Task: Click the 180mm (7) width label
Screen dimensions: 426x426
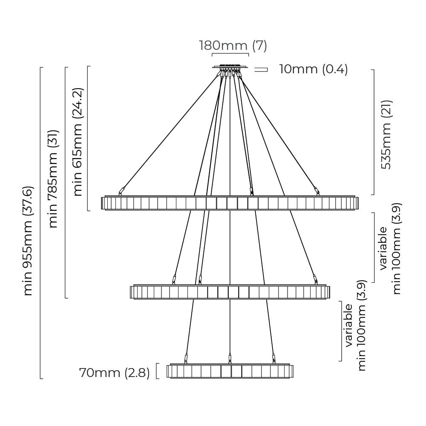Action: click(x=233, y=45)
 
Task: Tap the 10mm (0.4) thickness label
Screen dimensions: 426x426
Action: click(x=314, y=69)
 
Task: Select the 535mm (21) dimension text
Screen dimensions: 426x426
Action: click(x=386, y=135)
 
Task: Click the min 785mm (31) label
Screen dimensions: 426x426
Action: click(x=53, y=179)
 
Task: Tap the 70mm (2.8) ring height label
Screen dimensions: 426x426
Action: click(x=114, y=373)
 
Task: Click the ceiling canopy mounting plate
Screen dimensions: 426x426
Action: click(x=230, y=67)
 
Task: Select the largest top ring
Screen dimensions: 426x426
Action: click(x=230, y=203)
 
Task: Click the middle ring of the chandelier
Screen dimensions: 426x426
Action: click(x=230, y=292)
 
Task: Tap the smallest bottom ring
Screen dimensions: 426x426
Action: click(x=230, y=371)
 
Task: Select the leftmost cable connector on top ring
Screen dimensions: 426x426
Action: click(x=122, y=190)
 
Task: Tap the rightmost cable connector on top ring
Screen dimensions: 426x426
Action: click(x=317, y=190)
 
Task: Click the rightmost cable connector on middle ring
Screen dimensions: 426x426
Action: click(x=315, y=279)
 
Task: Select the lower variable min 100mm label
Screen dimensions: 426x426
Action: click(x=355, y=331)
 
